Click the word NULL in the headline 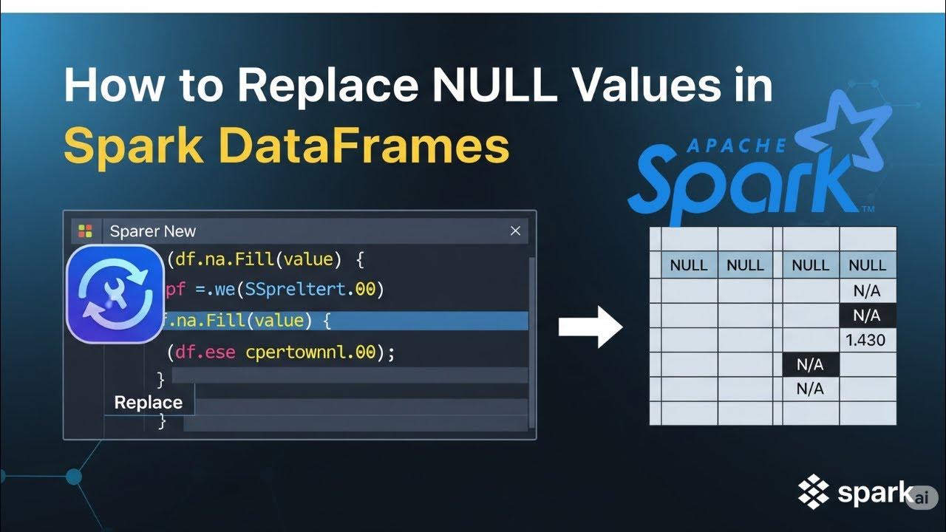(x=494, y=86)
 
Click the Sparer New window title (x=152, y=231)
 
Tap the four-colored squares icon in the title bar (x=86, y=231)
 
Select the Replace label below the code (x=148, y=403)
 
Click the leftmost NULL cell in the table (x=689, y=265)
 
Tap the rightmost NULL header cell (x=867, y=265)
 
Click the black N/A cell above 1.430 (x=867, y=316)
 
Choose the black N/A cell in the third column (x=810, y=364)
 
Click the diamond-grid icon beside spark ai (x=814, y=491)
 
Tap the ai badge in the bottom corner (x=922, y=497)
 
